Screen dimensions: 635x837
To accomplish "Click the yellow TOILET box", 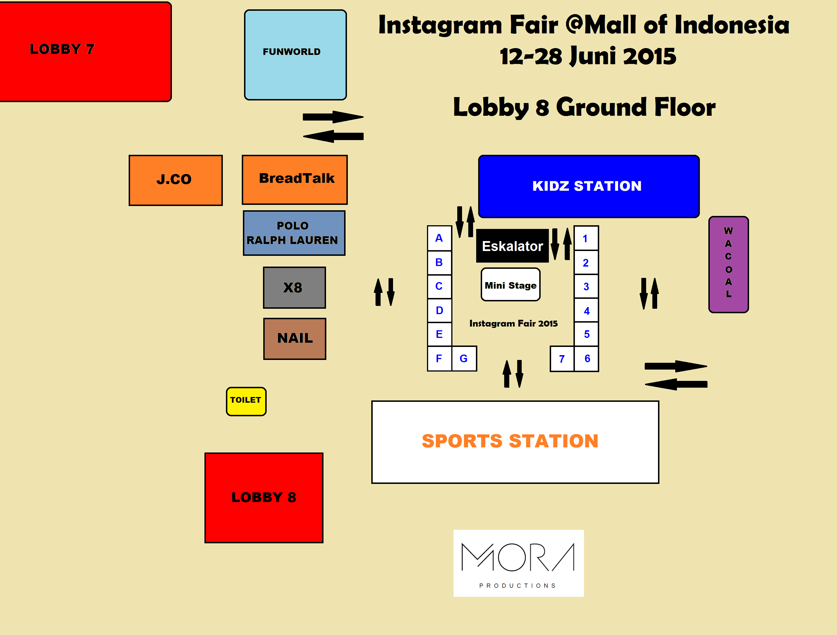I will click(246, 401).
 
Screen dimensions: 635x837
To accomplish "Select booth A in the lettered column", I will click(439, 238).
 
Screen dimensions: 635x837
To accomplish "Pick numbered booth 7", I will click(562, 359).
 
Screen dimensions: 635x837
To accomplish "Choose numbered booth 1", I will click(586, 238).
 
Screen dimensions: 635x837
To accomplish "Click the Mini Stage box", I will click(510, 285).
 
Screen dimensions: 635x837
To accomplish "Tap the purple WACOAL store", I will click(728, 264).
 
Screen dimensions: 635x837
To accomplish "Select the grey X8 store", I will click(294, 288).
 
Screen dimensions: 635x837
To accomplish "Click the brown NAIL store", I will click(294, 338).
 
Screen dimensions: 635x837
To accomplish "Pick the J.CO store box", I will click(175, 180).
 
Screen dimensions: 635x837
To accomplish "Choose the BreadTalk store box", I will click(294, 179).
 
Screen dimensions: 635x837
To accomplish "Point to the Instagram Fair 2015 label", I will click(513, 323).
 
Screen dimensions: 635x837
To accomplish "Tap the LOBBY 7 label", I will click(62, 49).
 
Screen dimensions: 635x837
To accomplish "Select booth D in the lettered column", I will click(439, 310).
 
